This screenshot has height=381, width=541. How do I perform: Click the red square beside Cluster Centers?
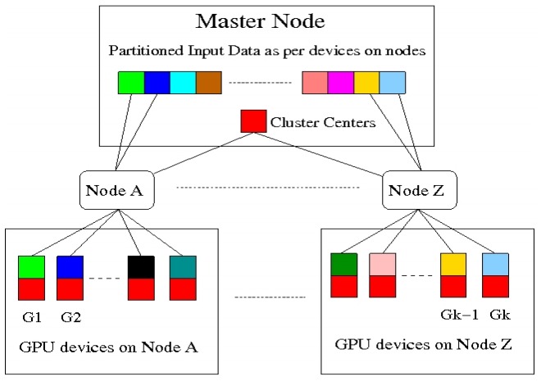[x=252, y=121]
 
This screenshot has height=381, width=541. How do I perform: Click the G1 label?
[x=31, y=315]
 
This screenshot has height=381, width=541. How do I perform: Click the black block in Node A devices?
[x=141, y=267]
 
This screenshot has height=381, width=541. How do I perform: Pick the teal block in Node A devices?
[x=182, y=267]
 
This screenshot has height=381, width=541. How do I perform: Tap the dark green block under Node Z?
[x=343, y=265]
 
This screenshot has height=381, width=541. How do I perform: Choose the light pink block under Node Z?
[x=382, y=265]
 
